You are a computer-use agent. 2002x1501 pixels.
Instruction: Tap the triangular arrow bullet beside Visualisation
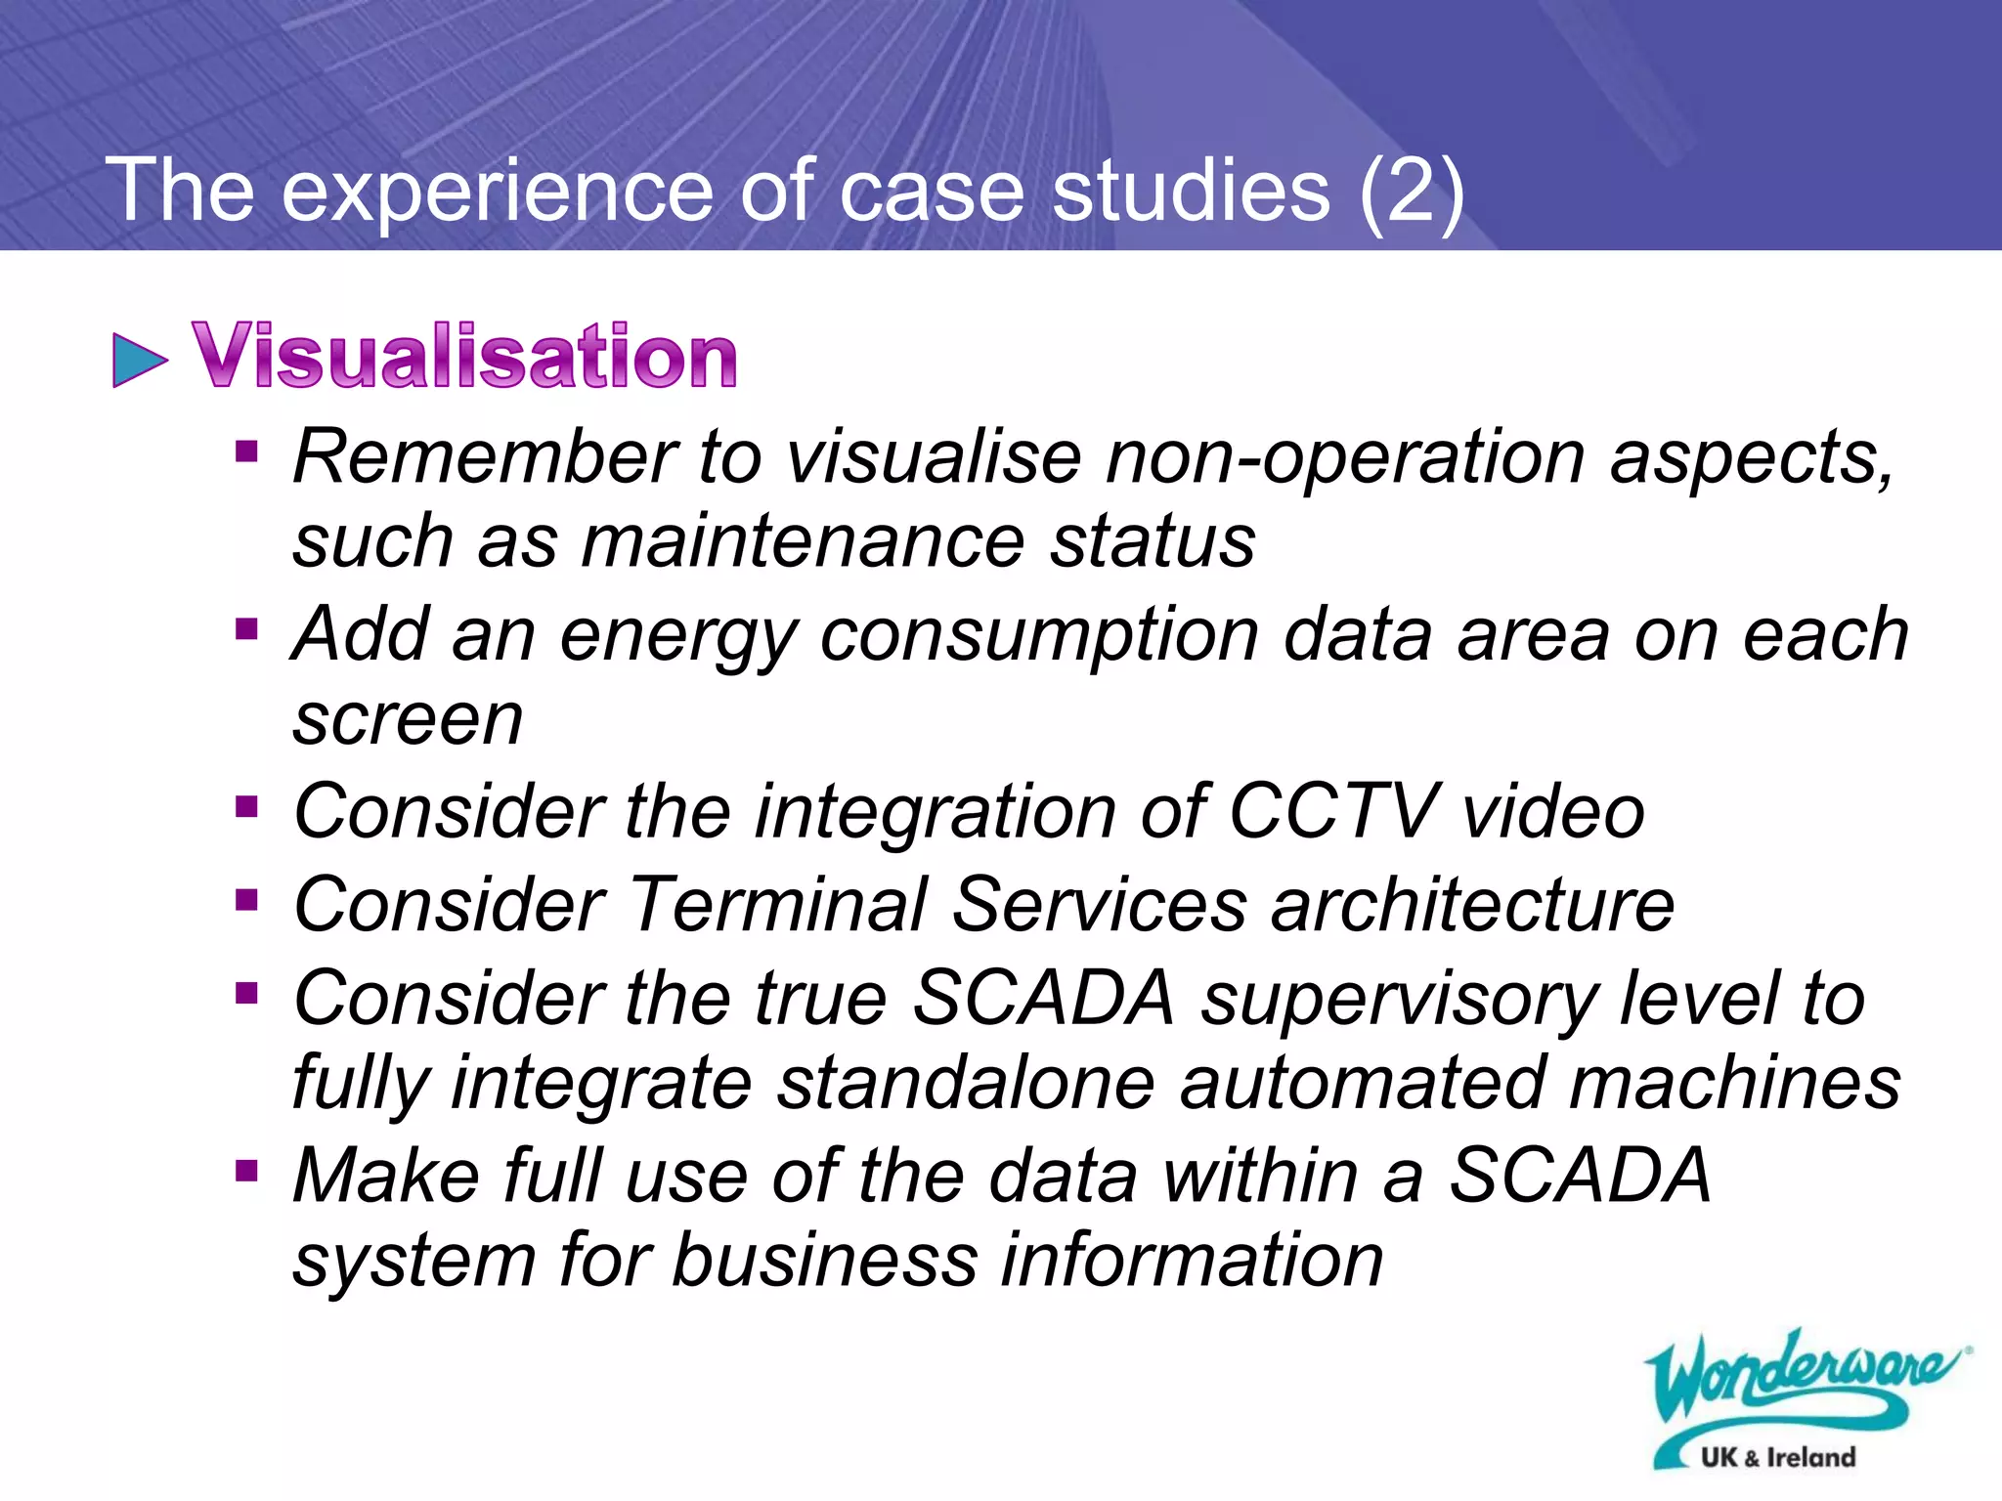point(139,360)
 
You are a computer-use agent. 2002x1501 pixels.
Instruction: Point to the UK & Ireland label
point(1777,1457)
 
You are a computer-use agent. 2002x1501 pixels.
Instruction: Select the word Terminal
point(776,904)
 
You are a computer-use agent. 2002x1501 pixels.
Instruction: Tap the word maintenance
point(804,541)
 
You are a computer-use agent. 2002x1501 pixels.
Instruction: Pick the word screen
point(408,720)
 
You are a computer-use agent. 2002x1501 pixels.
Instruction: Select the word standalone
point(966,1083)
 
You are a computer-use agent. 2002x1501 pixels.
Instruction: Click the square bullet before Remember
point(246,451)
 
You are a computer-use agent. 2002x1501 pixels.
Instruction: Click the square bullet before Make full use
point(246,1169)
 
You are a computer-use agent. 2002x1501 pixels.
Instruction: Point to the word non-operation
point(1344,457)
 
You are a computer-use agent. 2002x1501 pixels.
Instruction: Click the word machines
point(1734,1083)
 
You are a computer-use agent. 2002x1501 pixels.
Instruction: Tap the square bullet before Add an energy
point(246,628)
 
